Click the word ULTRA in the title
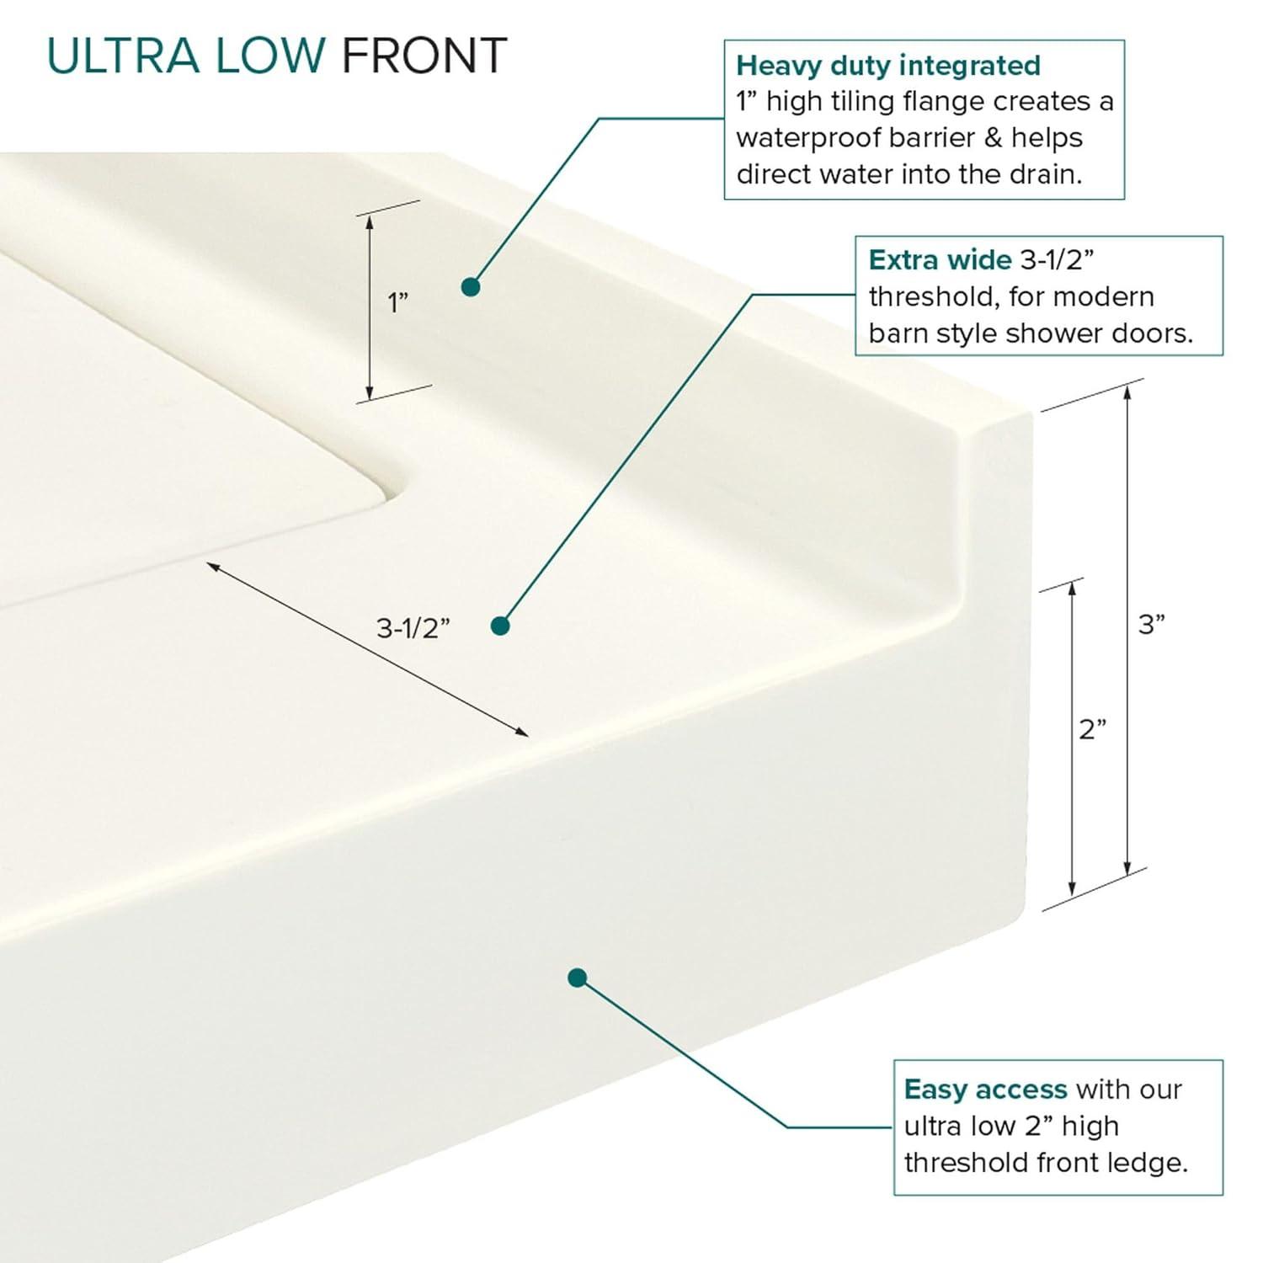[123, 56]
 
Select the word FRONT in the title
[424, 56]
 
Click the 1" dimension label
[397, 302]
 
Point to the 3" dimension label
[1151, 625]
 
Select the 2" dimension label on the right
[1092, 729]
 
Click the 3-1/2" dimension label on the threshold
[413, 628]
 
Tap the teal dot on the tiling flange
[471, 287]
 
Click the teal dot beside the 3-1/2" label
[500, 626]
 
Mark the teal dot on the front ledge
[577, 978]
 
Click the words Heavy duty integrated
[887, 66]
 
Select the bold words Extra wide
[939, 260]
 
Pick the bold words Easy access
[984, 1090]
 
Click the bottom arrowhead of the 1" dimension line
[369, 394]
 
